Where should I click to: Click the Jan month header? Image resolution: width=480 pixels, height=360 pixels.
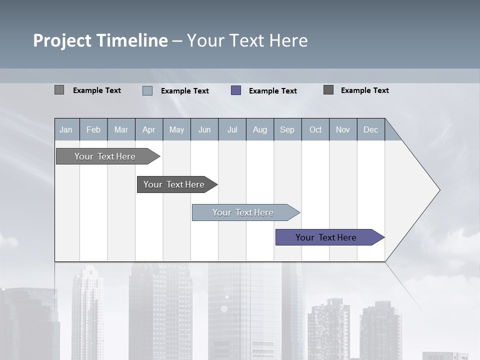66,129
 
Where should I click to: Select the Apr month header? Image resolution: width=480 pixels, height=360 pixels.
148,129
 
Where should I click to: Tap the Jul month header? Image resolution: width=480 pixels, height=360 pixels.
232,129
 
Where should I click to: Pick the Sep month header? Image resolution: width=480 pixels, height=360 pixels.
287,129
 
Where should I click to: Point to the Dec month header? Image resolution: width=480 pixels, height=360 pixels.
370,129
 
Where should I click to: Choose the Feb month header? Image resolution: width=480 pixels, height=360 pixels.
93,129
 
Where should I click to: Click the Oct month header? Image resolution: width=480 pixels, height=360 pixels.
315,129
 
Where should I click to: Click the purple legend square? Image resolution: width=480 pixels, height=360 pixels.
236,90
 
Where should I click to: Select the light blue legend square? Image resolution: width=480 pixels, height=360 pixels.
147,90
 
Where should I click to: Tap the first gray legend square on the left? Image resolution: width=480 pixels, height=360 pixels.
59,90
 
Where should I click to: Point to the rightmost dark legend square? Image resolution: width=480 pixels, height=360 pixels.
328,90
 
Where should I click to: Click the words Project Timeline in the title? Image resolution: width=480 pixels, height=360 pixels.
100,40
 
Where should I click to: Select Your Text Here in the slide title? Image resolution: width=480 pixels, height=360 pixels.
247,40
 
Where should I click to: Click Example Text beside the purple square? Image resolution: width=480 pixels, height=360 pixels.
272,91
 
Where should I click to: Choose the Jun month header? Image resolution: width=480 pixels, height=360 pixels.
204,129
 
